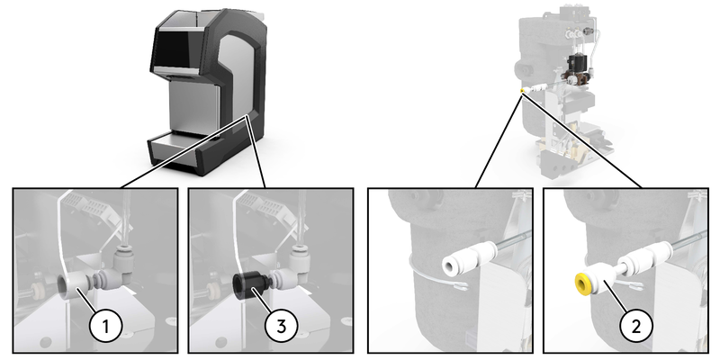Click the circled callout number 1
(x=105, y=327)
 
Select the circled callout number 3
(x=282, y=327)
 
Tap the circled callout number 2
(x=636, y=327)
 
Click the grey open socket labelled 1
(x=73, y=285)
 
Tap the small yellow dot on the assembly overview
(x=522, y=91)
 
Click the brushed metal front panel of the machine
(x=192, y=105)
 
